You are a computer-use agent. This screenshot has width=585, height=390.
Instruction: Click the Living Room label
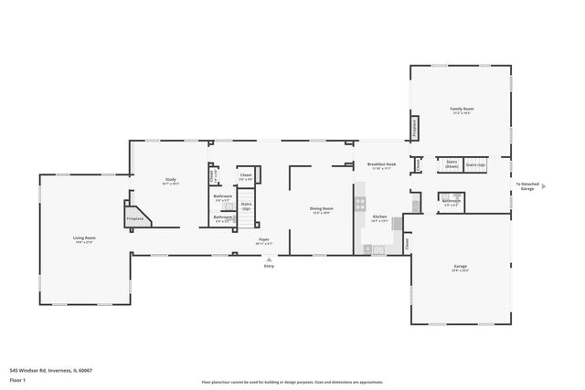[85, 239]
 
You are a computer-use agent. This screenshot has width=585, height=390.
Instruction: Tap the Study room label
[170, 180]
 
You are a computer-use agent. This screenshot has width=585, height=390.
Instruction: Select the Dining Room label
[321, 209]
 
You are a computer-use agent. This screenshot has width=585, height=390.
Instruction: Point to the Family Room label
[461, 111]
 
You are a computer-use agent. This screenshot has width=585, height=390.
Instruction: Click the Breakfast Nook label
[379, 165]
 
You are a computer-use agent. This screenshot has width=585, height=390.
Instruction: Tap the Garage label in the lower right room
[460, 267]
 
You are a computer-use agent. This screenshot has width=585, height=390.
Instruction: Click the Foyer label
[262, 241]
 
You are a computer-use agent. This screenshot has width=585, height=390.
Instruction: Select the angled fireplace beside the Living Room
[137, 217]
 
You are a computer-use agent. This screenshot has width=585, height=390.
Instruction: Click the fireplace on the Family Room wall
[415, 128]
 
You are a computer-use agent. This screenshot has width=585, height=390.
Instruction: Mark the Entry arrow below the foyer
[269, 258]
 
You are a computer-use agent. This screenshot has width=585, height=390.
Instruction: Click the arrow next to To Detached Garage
[543, 185]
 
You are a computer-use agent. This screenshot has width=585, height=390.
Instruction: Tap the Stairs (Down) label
[452, 165]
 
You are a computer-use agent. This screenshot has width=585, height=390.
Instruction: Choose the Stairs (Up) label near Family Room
[476, 165]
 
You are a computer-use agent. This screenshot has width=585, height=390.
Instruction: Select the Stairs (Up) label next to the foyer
[246, 206]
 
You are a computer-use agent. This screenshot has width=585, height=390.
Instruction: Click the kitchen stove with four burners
[361, 205]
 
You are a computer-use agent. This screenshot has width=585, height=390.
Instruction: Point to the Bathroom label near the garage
[451, 202]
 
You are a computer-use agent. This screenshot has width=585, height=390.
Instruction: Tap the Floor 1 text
[16, 380]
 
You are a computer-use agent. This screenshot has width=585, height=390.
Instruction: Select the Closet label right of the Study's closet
[245, 176]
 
